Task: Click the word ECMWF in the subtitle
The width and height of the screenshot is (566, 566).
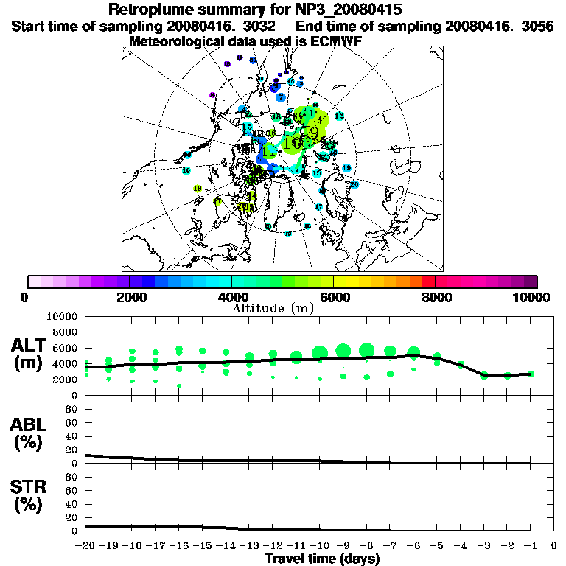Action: [330, 41]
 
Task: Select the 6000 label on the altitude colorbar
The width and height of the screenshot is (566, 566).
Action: [334, 297]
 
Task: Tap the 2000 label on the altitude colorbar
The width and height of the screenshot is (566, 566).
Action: [129, 297]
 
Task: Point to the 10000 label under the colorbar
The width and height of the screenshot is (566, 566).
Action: [532, 297]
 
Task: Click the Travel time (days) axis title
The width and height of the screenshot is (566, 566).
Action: [322, 559]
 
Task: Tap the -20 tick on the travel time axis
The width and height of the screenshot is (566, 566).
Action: [85, 546]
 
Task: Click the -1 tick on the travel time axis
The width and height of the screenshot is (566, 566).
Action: [530, 546]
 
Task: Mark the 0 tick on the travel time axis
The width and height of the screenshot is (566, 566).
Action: [554, 546]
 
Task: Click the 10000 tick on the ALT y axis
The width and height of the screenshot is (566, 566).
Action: [62, 316]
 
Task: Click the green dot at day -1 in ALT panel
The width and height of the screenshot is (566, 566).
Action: [531, 374]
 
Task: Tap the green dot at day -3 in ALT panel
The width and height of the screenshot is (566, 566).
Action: [484, 375]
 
